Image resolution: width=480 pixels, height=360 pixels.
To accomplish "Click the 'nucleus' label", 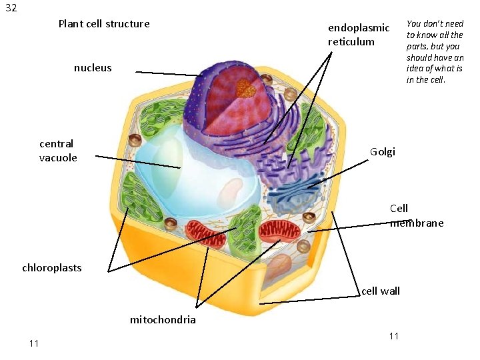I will [93, 68].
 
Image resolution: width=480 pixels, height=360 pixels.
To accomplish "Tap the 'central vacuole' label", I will [58, 151].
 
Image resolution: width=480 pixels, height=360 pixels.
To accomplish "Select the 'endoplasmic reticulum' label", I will [358, 35].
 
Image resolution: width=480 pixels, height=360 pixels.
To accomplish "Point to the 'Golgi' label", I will [383, 152].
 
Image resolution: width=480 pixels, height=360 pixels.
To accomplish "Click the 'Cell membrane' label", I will [415, 216].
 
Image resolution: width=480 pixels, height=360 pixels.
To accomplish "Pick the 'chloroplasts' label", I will [52, 268].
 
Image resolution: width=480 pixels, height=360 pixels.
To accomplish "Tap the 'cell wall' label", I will [380, 291].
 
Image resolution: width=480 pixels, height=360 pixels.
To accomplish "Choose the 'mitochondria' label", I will [163, 320].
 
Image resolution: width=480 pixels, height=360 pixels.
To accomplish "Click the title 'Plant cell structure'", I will [104, 24].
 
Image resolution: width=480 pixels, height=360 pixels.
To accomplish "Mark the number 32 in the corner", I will [11, 9].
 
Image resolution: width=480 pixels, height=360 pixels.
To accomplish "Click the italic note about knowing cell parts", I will [435, 51].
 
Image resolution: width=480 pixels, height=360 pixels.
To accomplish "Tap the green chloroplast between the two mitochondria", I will [245, 227].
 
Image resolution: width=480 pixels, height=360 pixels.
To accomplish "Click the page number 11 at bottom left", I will [34, 343].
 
